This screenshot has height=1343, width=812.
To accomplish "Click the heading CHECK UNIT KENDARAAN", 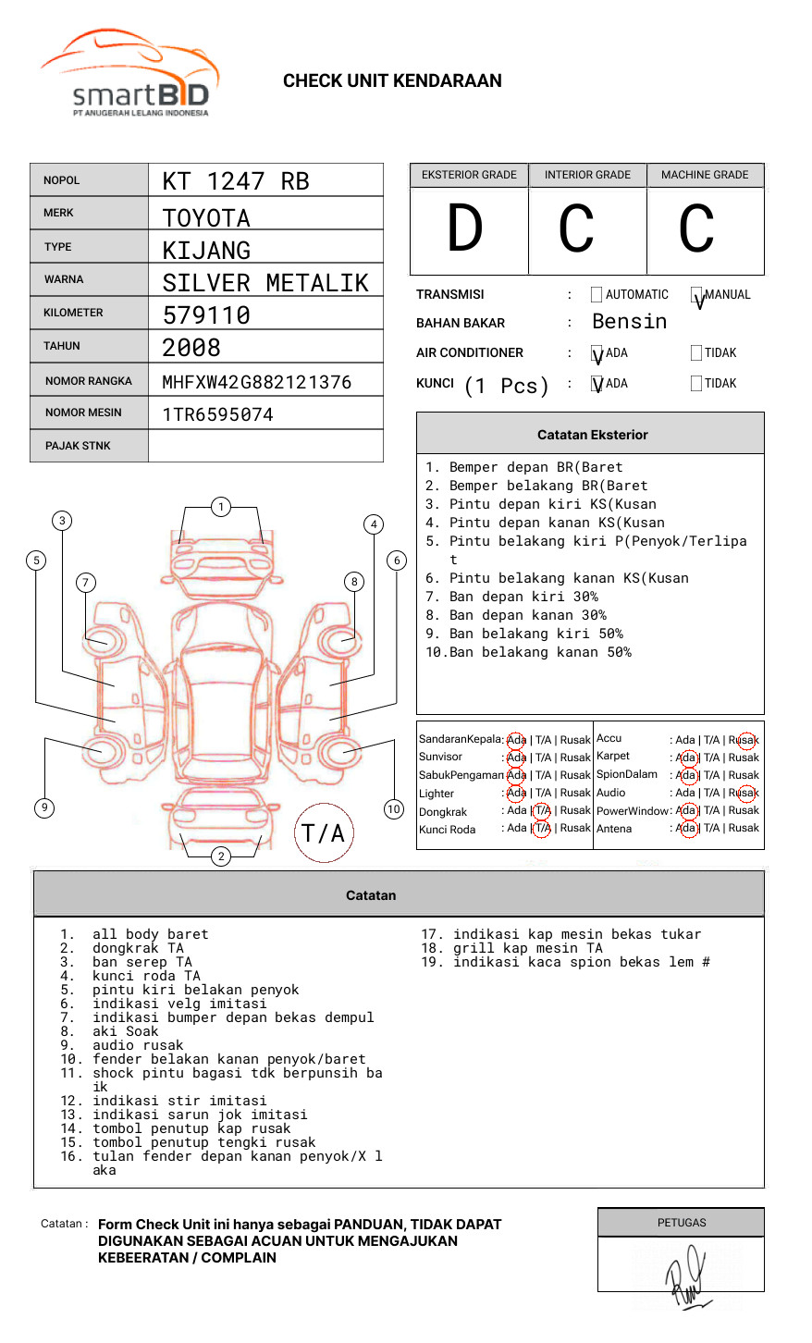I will point(392,81).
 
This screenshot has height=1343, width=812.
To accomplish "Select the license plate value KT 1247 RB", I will point(236,181).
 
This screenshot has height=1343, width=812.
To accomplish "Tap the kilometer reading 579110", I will point(206,315).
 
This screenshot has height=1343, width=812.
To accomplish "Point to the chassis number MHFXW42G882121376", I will point(256,382).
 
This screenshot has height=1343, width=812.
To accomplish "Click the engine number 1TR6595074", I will point(217,414).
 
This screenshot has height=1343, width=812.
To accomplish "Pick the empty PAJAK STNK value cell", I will point(265,446).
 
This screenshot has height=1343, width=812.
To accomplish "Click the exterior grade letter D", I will point(465,229).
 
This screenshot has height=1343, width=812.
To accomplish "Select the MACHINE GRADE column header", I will point(705,175).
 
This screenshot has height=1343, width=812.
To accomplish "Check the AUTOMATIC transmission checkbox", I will point(597,295).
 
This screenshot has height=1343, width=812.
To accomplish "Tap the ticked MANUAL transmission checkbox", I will point(696,295).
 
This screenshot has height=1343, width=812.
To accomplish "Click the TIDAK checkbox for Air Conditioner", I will point(696,352).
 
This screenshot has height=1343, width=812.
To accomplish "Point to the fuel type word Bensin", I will point(629,322).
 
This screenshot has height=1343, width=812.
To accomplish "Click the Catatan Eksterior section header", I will point(592,435).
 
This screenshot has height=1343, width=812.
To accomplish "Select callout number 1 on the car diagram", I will point(220,507).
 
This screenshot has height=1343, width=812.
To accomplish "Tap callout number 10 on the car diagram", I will point(394,809).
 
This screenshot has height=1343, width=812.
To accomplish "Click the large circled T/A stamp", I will point(324,833).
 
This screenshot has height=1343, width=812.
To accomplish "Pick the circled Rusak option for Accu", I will point(744,740).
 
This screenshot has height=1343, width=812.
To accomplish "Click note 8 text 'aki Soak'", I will point(125,1031).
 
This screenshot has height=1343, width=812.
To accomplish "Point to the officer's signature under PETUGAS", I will point(685,1275).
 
